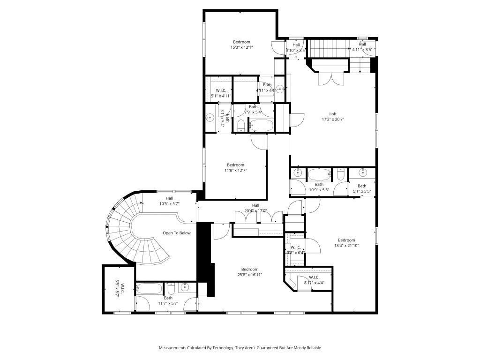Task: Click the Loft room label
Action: point(333,117)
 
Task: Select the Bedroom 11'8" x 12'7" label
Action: point(235,167)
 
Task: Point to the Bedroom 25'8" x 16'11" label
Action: point(250,272)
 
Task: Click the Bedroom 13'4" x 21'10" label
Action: point(346,242)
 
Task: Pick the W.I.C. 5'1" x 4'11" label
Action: point(221,93)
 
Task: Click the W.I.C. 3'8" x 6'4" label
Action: point(296,250)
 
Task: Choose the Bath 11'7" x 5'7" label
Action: point(168,300)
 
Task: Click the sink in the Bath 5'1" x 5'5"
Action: point(363,173)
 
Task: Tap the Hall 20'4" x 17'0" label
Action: point(255,208)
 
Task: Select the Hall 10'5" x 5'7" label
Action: point(169,201)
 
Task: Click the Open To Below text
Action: point(176,233)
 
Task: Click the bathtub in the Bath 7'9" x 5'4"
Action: point(261,126)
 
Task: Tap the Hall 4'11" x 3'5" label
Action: point(362,47)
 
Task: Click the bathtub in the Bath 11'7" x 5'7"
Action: point(149,288)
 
